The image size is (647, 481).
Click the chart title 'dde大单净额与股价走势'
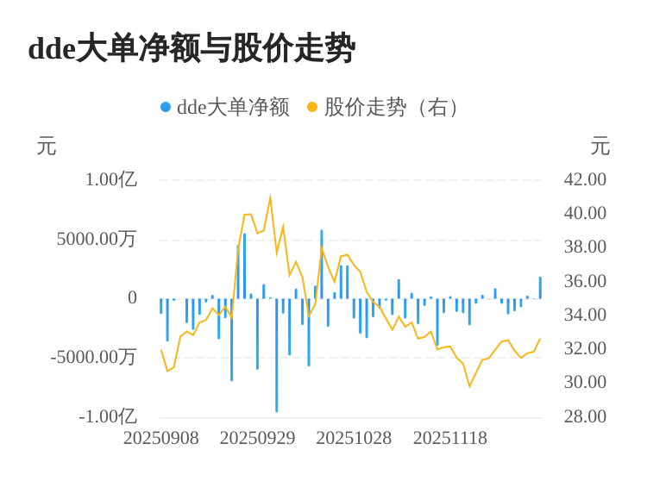[x=192, y=48]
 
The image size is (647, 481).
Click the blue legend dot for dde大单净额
[x=166, y=107]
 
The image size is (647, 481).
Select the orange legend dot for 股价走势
[x=312, y=107]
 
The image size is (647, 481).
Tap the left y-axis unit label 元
[x=47, y=147]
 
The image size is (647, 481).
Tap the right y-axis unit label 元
[x=600, y=147]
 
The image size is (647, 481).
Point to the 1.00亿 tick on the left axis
[x=110, y=179]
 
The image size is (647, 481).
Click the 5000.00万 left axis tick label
[x=97, y=239]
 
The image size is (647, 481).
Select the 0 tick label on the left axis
[x=132, y=297]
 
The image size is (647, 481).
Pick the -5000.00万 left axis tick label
[x=93, y=357]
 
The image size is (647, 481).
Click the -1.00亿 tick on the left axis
[x=108, y=416]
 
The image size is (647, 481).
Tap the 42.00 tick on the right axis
[x=585, y=179]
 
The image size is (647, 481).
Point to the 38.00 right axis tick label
[x=585, y=247]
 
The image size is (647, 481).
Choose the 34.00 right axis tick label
[x=585, y=315]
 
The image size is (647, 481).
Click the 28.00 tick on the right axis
[x=585, y=416]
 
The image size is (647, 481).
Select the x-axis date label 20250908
[x=161, y=438]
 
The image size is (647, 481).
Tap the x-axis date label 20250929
[x=257, y=438]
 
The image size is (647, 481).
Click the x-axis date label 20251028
[x=354, y=438]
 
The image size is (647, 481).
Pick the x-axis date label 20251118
[x=450, y=438]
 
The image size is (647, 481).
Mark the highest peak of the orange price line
[x=270, y=198]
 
